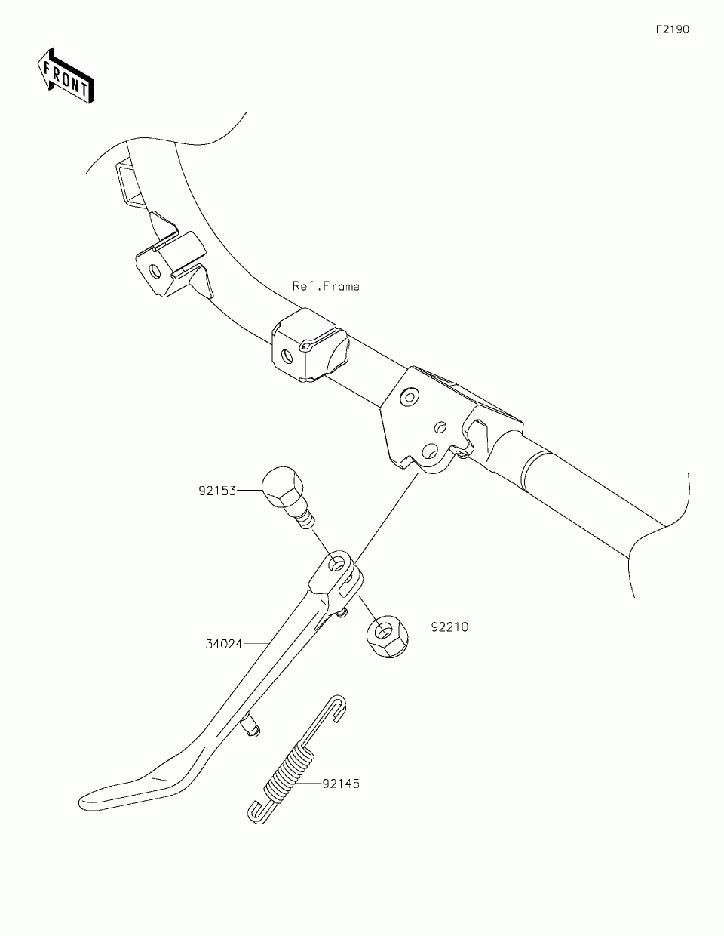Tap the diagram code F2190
point(671,30)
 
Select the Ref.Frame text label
point(326,286)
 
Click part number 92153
point(217,491)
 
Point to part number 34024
point(224,644)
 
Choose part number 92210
point(449,627)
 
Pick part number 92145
point(341,784)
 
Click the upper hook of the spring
point(338,705)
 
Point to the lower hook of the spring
point(256,811)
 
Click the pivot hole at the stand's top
point(337,562)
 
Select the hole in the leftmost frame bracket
point(155,270)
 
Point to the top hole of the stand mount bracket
point(409,396)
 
